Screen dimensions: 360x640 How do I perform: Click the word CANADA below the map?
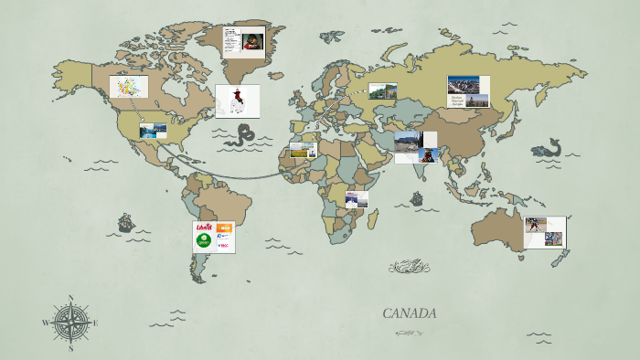pos(409,313)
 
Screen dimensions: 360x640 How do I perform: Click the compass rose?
pos(70,322)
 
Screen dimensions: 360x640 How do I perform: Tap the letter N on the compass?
pos(70,298)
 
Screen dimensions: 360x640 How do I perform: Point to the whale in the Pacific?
pos(547,148)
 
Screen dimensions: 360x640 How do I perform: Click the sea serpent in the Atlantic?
pos(241,136)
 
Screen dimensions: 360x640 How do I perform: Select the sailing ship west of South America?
pos(125,223)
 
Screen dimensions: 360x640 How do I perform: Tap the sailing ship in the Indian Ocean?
pos(417,198)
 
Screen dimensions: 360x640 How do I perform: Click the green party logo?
pos(204,241)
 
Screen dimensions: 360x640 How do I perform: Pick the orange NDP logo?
pos(223,228)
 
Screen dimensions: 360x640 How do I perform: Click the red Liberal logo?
pos(204,228)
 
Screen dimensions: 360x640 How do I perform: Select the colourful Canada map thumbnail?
pos(129,87)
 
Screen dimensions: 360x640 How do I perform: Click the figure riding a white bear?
pos(237,101)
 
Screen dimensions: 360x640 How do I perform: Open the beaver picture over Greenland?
pos(252,41)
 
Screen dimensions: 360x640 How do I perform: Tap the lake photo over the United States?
pos(153,131)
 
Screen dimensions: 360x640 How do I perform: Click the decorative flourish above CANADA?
pos(409,267)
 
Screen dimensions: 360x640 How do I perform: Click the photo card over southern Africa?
pos(357,198)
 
